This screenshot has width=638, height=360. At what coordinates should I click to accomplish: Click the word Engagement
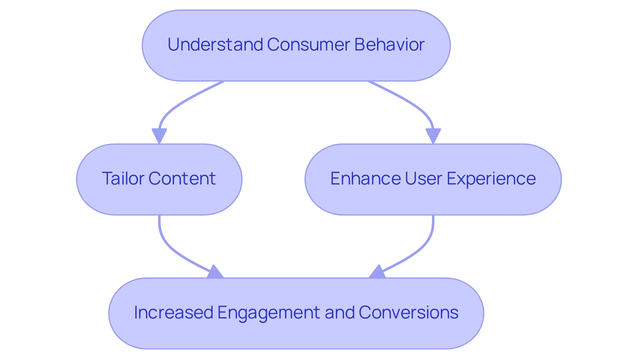coord(269,313)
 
